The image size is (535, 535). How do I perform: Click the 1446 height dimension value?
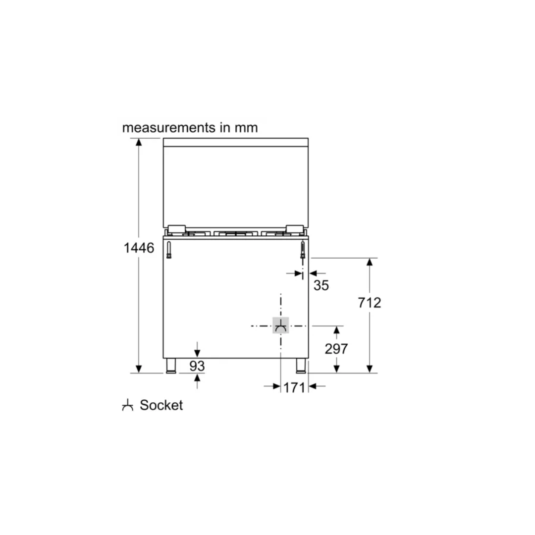(x=139, y=248)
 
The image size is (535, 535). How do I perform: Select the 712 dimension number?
(x=370, y=302)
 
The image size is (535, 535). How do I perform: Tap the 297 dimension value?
(x=336, y=349)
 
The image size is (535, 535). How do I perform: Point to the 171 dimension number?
(x=294, y=387)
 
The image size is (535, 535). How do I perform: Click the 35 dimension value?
(x=321, y=285)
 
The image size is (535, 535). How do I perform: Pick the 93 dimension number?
(x=197, y=366)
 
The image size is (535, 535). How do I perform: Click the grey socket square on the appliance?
(x=281, y=326)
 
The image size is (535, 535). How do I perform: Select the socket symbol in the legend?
(x=127, y=405)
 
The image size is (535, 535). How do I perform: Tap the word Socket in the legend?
(x=161, y=405)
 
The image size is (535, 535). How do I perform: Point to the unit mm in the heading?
(x=246, y=127)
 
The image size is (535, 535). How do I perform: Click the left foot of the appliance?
(x=171, y=366)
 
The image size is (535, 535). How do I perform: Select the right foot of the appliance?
(x=301, y=366)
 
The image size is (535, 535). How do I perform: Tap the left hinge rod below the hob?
(x=169, y=250)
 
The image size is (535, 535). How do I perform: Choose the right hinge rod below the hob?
(x=302, y=250)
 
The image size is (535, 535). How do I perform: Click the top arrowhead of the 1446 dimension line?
(x=139, y=142)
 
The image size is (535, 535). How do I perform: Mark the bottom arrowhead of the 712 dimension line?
(x=370, y=369)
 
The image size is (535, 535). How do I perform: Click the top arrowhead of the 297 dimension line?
(x=336, y=330)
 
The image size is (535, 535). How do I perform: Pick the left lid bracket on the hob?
(x=176, y=229)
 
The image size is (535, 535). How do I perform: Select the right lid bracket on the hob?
(x=294, y=229)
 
